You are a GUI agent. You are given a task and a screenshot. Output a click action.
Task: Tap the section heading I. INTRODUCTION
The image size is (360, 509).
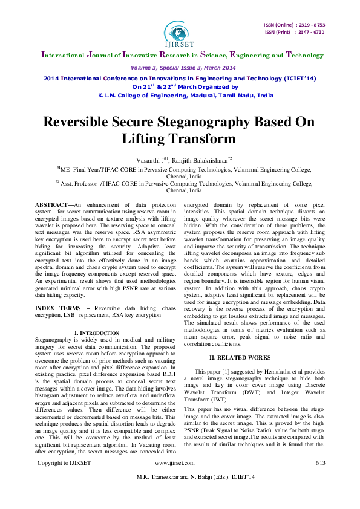(96, 332)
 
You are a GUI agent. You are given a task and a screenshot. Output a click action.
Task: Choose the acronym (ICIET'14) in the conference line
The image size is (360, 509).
(299, 79)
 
